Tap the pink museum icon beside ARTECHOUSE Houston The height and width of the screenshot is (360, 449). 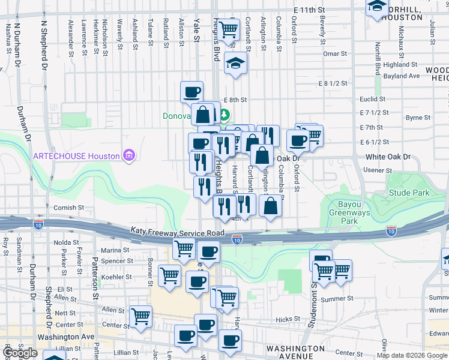point(127,156)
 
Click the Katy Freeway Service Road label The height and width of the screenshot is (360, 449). point(178,232)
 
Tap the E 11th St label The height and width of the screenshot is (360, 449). point(309,10)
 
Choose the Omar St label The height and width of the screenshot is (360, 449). point(335,54)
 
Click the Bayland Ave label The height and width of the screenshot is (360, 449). point(402,76)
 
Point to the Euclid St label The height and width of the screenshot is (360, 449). point(373,99)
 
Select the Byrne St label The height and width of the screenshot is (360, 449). point(418,118)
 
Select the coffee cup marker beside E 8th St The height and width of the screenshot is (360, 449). point(191,92)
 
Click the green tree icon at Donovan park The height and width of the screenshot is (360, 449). point(225,114)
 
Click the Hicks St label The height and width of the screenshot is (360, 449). point(288,320)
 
